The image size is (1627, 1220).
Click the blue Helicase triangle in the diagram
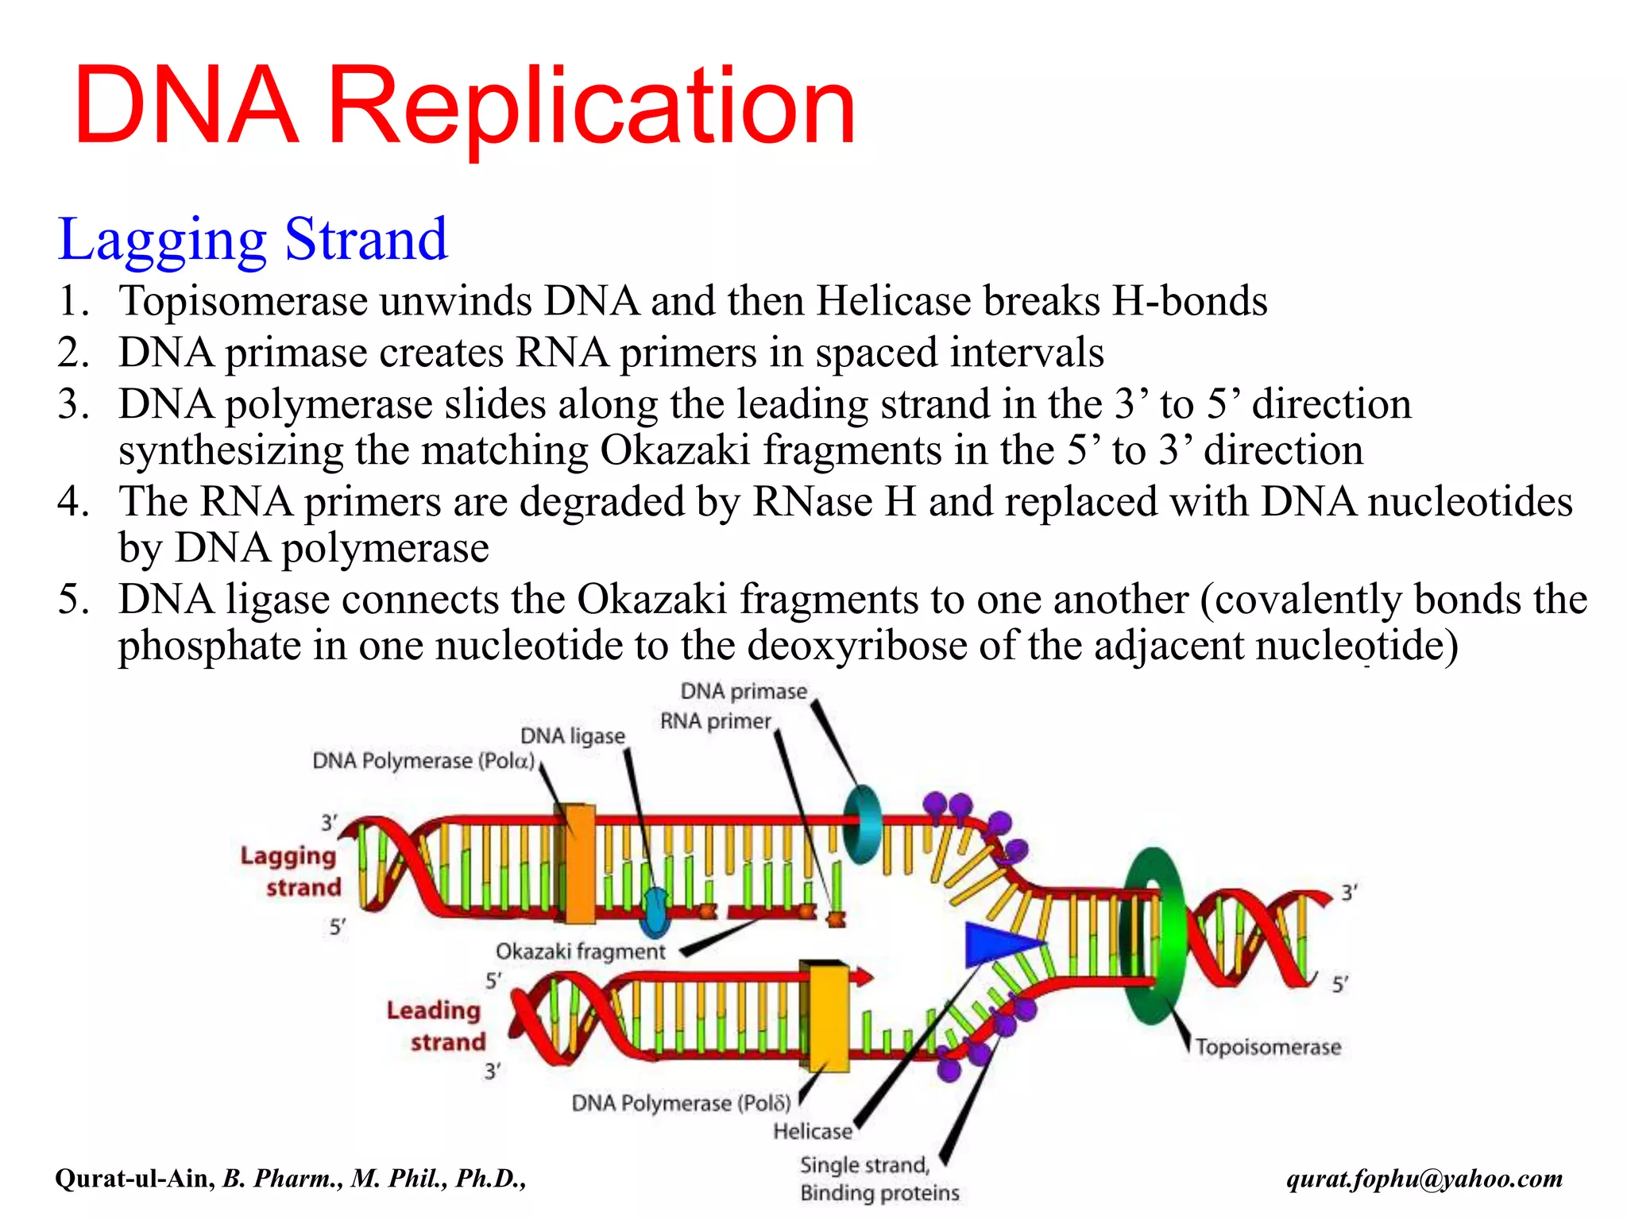pyautogui.click(x=997, y=944)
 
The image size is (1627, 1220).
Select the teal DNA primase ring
pyautogui.click(x=861, y=824)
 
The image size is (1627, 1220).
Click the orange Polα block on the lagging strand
pyautogui.click(x=579, y=864)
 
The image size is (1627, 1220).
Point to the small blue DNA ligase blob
pyautogui.click(x=655, y=914)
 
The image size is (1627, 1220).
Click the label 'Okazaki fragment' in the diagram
pyautogui.click(x=580, y=952)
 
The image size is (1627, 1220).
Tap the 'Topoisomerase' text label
pyautogui.click(x=1268, y=1047)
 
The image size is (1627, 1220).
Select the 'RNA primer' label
pyautogui.click(x=715, y=721)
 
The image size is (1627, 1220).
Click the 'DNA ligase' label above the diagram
pyautogui.click(x=573, y=735)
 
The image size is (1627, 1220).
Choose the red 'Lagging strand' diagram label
pyautogui.click(x=291, y=871)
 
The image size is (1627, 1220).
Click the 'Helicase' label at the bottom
pyautogui.click(x=812, y=1131)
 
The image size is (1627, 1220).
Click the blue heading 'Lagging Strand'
pyautogui.click(x=253, y=239)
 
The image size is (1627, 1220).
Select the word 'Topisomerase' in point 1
pyautogui.click(x=243, y=301)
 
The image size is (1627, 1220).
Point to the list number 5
pyautogui.click(x=72, y=599)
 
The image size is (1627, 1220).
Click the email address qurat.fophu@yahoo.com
pyautogui.click(x=1424, y=1178)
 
